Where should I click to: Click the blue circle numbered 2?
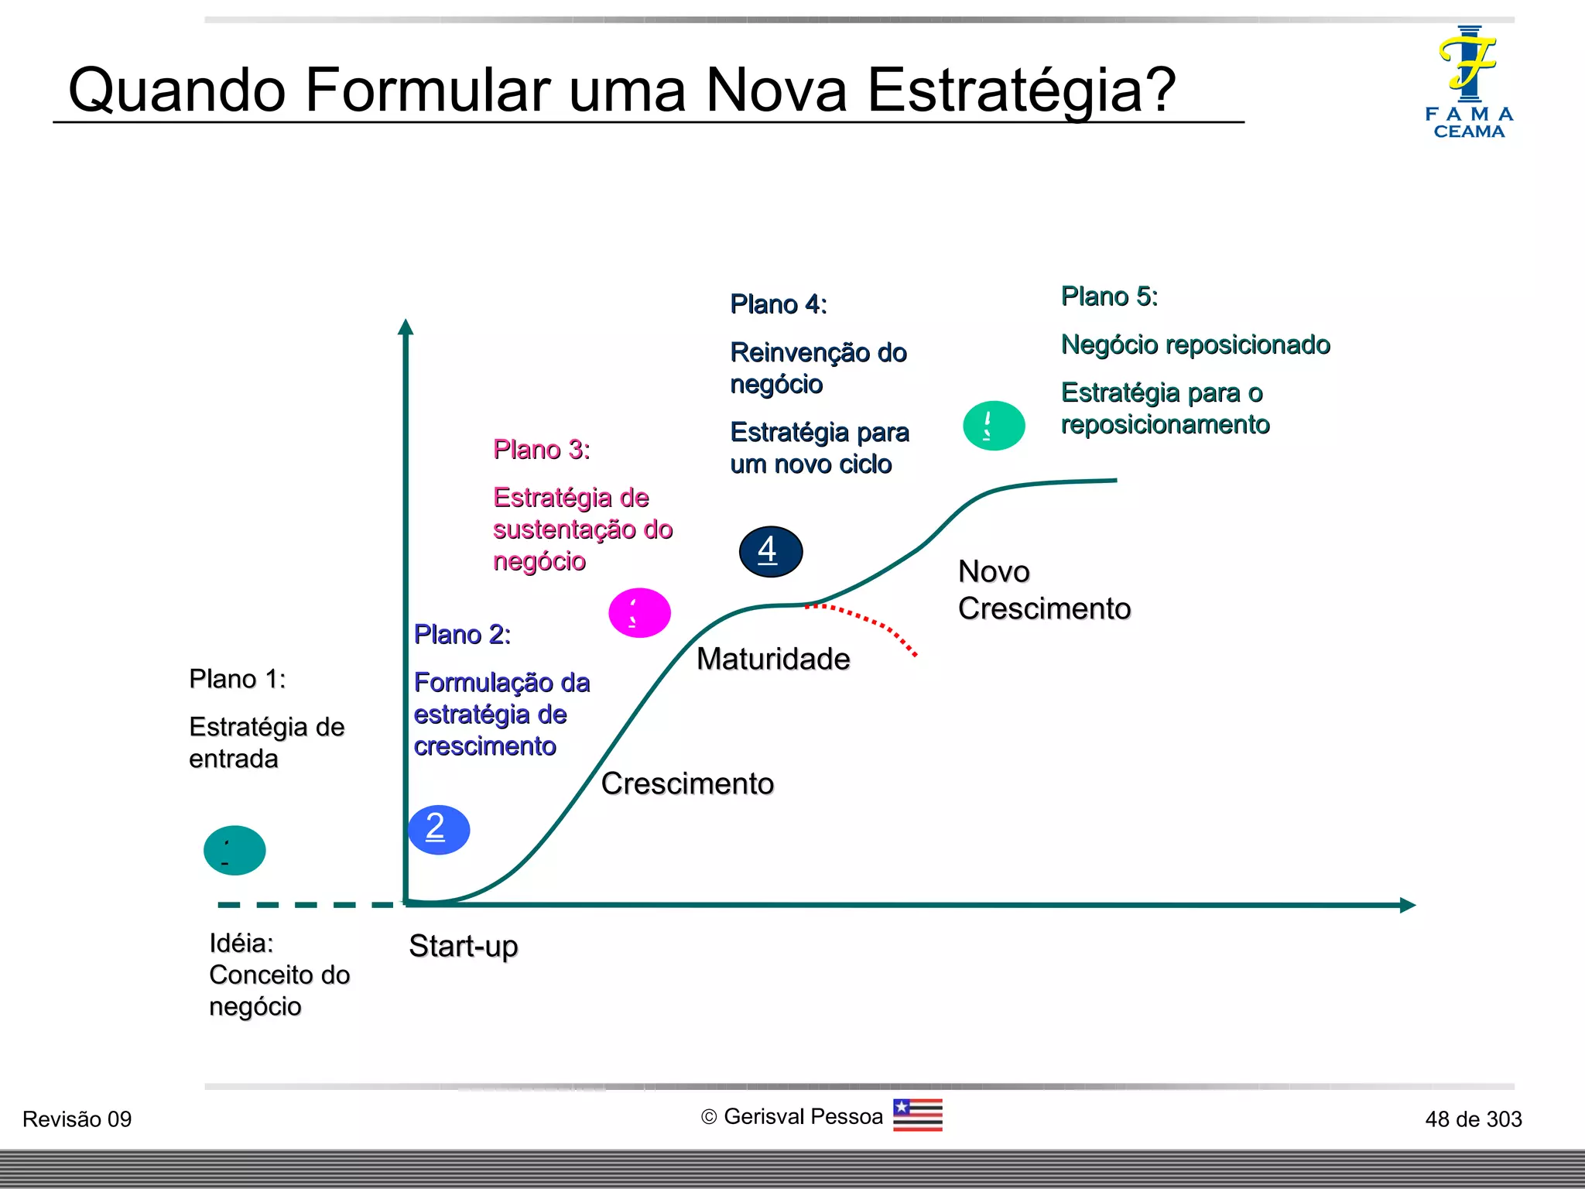click(x=439, y=830)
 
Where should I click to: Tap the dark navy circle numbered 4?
click(x=770, y=551)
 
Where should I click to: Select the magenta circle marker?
click(x=639, y=613)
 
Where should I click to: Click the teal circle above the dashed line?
click(x=234, y=850)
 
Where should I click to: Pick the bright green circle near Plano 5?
click(x=994, y=426)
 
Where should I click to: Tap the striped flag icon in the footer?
click(x=917, y=1115)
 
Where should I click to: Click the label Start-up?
click(x=463, y=946)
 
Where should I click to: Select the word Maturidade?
click(x=772, y=659)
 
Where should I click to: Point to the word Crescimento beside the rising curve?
click(x=686, y=783)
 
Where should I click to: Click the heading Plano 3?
click(x=542, y=449)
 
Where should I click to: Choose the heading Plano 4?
click(x=778, y=304)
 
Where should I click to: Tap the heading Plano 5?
click(x=1108, y=296)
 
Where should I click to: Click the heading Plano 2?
click(x=462, y=634)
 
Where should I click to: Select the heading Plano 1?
click(x=237, y=679)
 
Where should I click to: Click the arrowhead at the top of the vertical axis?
click(x=406, y=327)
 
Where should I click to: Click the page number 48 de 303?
click(x=1473, y=1119)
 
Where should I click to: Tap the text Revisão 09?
click(x=77, y=1119)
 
